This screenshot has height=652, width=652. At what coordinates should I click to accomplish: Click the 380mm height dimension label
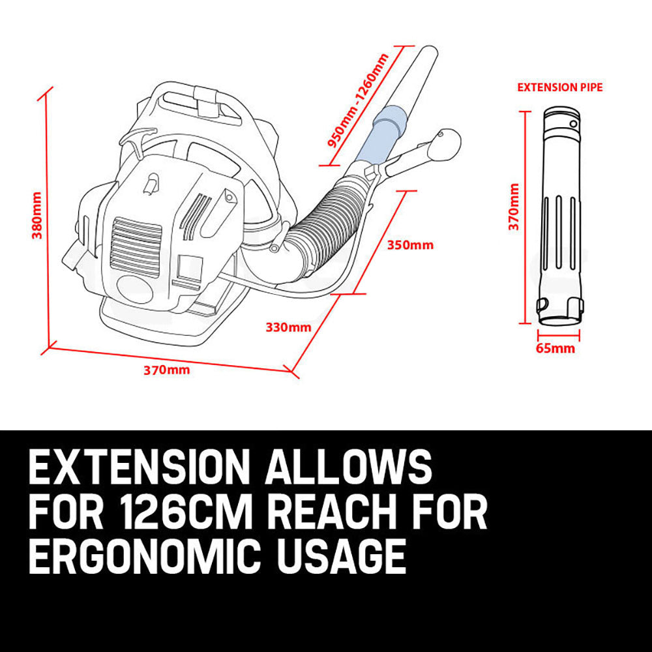pos(37,215)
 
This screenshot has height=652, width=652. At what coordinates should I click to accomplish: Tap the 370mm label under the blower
pos(166,370)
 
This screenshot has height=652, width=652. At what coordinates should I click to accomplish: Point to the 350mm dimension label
pos(410,245)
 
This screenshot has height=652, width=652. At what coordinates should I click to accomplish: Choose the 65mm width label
pos(556,348)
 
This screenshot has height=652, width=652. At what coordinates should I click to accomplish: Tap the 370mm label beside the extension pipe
pos(514,207)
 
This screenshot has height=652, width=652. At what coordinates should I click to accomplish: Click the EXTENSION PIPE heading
pos(560,87)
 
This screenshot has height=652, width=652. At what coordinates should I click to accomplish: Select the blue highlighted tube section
pos(385,137)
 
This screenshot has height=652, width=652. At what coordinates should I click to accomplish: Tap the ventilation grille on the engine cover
pos(136,241)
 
